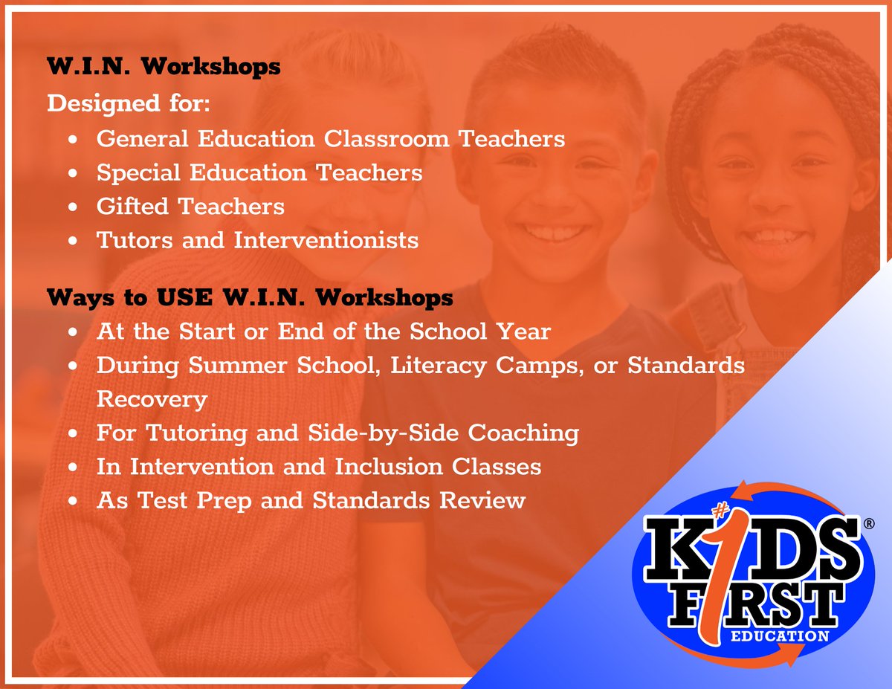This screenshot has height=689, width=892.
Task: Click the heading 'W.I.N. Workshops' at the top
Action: [x=164, y=67]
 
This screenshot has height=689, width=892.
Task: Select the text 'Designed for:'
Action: [x=129, y=103]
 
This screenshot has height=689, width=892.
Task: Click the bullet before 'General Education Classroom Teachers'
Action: [x=72, y=139]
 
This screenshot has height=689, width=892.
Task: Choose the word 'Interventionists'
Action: [x=326, y=241]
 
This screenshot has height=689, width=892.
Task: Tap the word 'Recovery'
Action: [x=152, y=399]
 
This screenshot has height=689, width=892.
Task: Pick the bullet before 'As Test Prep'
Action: [x=72, y=501]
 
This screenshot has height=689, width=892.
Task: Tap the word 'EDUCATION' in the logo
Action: [x=780, y=635]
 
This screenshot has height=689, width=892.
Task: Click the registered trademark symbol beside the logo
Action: [x=868, y=524]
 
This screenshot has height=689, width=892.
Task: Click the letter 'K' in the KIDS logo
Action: [x=669, y=546]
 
